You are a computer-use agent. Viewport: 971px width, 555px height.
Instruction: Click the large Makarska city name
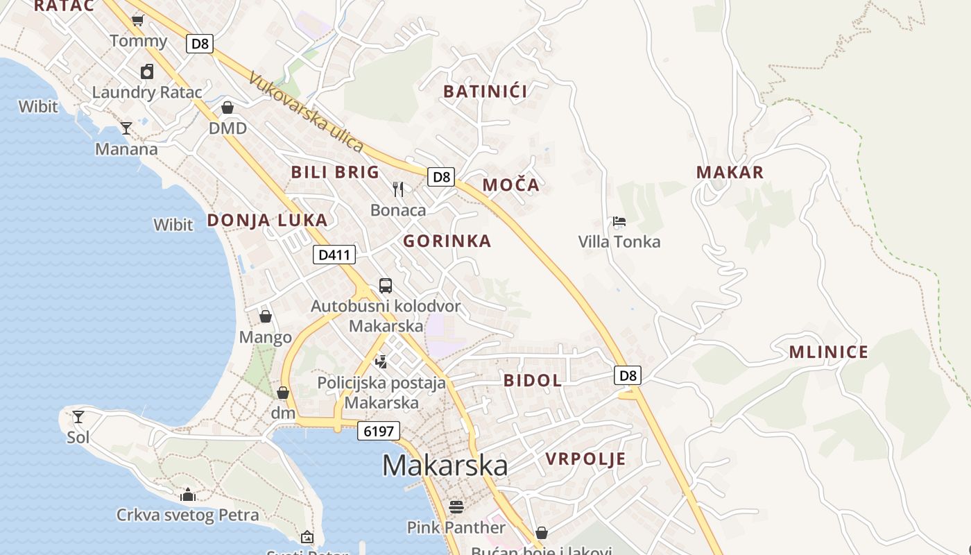pos(445,465)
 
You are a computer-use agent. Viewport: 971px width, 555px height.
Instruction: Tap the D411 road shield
pos(334,255)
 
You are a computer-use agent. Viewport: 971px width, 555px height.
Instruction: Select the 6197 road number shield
pos(379,431)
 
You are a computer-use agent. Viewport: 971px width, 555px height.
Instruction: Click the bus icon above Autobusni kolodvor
pos(385,285)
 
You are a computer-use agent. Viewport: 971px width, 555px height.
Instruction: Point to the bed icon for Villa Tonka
pos(619,221)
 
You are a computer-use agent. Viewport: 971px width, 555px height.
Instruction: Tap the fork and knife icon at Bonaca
pos(398,189)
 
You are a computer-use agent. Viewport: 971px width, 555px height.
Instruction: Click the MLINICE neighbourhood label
pos(828,352)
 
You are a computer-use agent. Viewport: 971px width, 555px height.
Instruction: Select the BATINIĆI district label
pos(486,92)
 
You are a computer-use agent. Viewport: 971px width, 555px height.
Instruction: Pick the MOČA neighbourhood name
pos(510,185)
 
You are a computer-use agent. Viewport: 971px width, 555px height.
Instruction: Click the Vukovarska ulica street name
pos(305,112)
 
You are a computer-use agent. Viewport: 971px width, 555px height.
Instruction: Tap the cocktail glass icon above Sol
pos(78,416)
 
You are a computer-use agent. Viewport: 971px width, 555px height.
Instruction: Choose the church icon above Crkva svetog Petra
pos(187,495)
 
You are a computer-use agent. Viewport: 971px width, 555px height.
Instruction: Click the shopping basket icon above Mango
pos(265,316)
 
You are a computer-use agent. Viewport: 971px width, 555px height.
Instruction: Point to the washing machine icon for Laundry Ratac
pos(147,71)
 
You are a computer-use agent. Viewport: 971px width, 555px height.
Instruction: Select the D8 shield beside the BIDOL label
pos(627,375)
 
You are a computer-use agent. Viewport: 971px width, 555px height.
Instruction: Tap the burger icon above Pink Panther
pos(456,506)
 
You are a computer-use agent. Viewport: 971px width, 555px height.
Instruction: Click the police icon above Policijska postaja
pos(381,361)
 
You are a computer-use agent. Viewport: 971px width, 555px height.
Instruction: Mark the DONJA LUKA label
pos(267,221)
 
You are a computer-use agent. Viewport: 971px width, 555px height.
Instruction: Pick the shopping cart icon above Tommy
pos(137,20)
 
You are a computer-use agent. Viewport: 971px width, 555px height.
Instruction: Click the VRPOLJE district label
pos(585,459)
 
